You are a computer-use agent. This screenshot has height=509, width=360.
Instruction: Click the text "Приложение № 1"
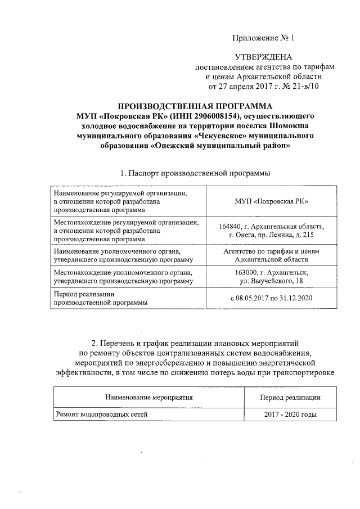(263, 38)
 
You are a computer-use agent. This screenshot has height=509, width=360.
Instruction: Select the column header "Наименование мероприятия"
(149, 397)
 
